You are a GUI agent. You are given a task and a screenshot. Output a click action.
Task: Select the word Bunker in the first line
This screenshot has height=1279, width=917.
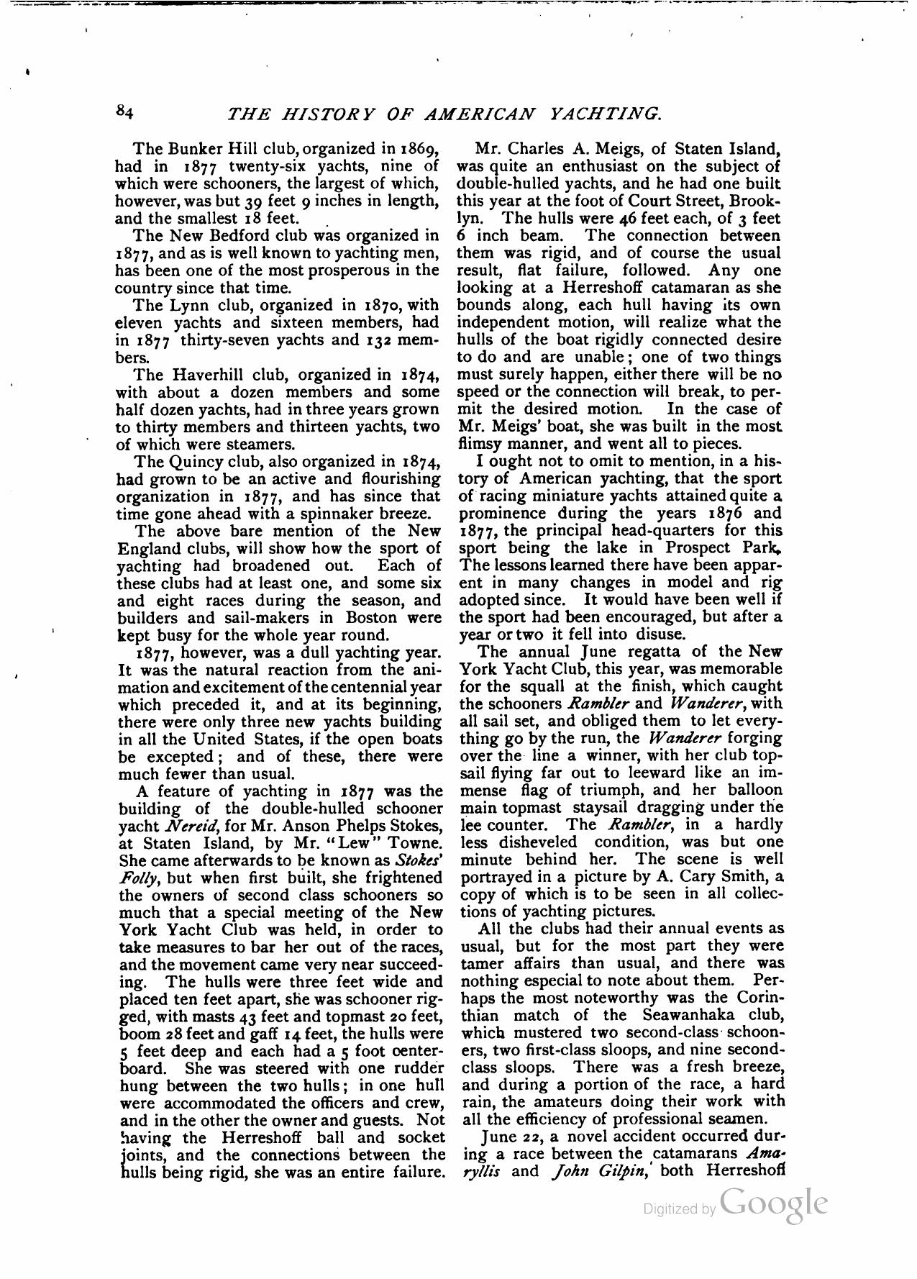194,150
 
